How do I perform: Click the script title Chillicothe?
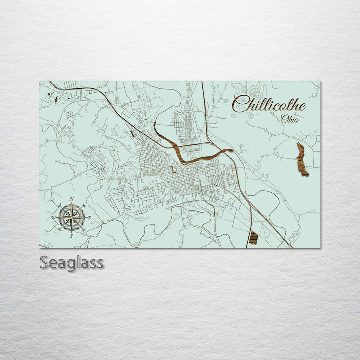tap(269, 103)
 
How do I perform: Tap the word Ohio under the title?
tap(290, 119)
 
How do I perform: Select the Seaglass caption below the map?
tap(72, 262)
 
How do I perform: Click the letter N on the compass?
tap(72, 199)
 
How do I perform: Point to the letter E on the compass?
tap(89, 217)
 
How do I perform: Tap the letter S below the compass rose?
tap(71, 235)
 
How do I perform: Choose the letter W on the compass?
tap(53, 218)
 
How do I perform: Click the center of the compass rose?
tap(71, 217)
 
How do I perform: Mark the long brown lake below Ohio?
tap(302, 160)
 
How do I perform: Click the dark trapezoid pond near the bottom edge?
tap(253, 238)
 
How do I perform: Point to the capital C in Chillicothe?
tap(240, 103)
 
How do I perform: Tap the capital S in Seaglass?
tap(44, 262)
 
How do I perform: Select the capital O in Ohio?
tap(284, 119)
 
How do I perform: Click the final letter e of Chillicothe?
tap(302, 105)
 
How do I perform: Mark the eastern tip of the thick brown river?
tap(232, 150)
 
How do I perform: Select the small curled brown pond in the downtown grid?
tap(173, 170)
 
